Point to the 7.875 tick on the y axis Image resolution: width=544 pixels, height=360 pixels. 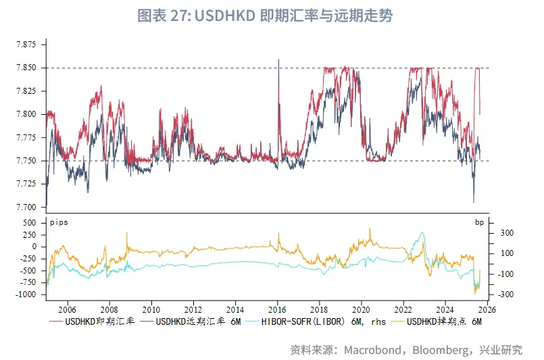pyautogui.click(x=27, y=45)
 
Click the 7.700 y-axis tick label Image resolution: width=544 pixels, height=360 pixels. pyautogui.click(x=27, y=207)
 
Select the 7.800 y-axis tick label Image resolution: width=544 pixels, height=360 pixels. pyautogui.click(x=27, y=114)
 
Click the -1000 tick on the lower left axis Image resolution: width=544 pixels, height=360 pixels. pyautogui.click(x=26, y=294)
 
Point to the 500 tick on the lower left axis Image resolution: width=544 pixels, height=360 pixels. pyautogui.click(x=29, y=222)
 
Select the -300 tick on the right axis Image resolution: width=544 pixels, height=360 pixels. pyautogui.click(x=506, y=294)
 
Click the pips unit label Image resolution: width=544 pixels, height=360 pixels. pyautogui.click(x=59, y=222)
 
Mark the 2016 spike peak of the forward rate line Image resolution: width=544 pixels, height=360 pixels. pyautogui.click(x=278, y=59)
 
